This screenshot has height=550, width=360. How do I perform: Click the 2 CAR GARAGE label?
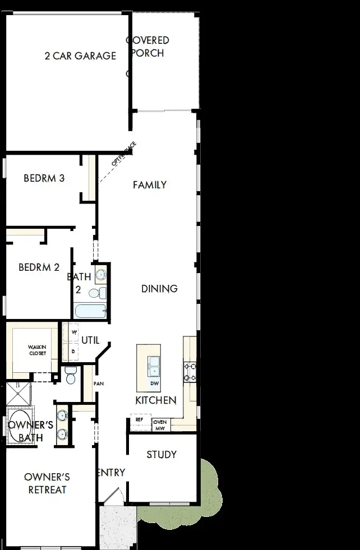tap(80, 56)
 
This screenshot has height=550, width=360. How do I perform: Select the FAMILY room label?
tap(150, 184)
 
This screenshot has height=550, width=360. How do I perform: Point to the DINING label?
tap(159, 289)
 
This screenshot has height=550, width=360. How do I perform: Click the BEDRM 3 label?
tap(44, 178)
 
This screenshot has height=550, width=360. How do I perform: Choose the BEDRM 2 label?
tap(39, 267)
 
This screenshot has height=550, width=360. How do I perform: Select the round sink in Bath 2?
tap(100, 275)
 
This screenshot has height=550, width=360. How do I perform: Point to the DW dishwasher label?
tap(154, 384)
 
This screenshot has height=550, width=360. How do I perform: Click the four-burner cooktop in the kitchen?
tap(190, 372)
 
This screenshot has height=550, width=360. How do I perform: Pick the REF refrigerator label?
tap(139, 419)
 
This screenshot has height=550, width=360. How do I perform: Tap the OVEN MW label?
tap(160, 424)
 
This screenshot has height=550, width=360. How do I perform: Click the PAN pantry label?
tap(99, 384)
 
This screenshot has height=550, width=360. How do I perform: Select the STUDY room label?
tap(161, 454)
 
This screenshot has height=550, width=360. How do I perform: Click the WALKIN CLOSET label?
tap(38, 350)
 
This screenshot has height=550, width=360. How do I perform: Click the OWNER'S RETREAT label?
tap(47, 483)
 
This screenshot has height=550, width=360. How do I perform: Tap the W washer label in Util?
tap(73, 332)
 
